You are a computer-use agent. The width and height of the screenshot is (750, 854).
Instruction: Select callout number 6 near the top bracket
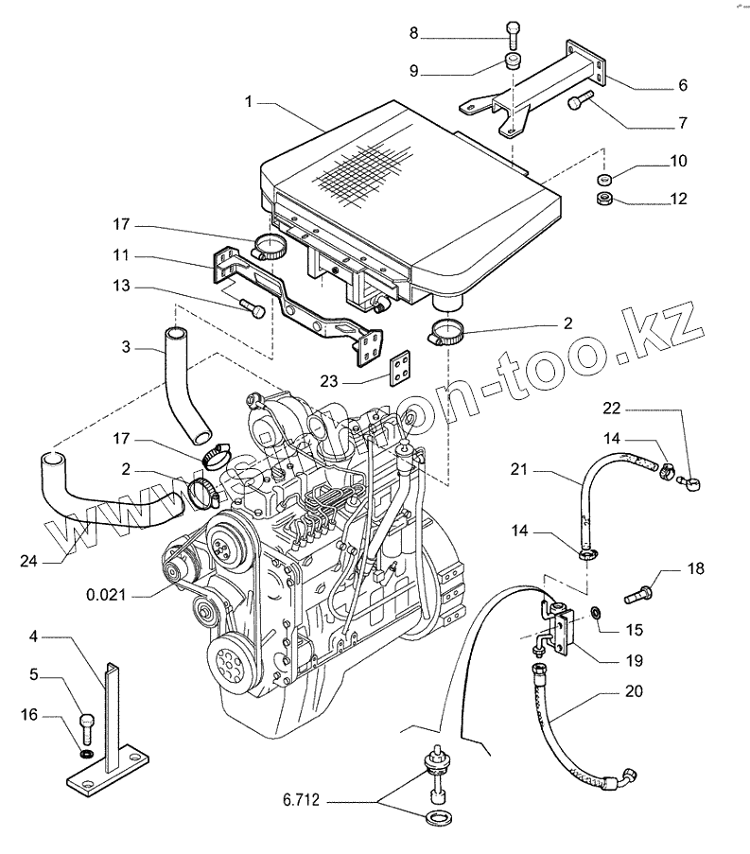pyautogui.click(x=682, y=85)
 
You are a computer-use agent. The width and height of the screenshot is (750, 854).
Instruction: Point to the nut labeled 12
pyautogui.click(x=602, y=199)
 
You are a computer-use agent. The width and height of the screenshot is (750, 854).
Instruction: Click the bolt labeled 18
pyautogui.click(x=638, y=596)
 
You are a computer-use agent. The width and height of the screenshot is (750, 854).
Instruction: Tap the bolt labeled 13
pyautogui.click(x=253, y=309)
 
